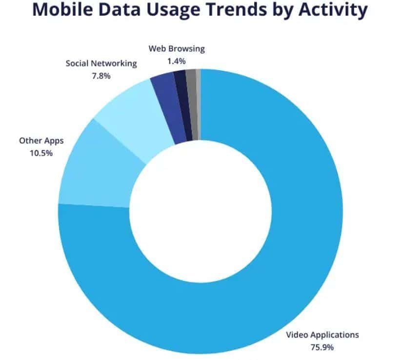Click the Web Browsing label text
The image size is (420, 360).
pos(177,49)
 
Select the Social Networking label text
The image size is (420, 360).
pos(101,64)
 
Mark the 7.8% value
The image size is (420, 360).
pos(101,77)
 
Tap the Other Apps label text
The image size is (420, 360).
pos(41,140)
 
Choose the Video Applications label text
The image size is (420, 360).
pos(322,335)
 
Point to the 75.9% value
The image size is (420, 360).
pos(322,347)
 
